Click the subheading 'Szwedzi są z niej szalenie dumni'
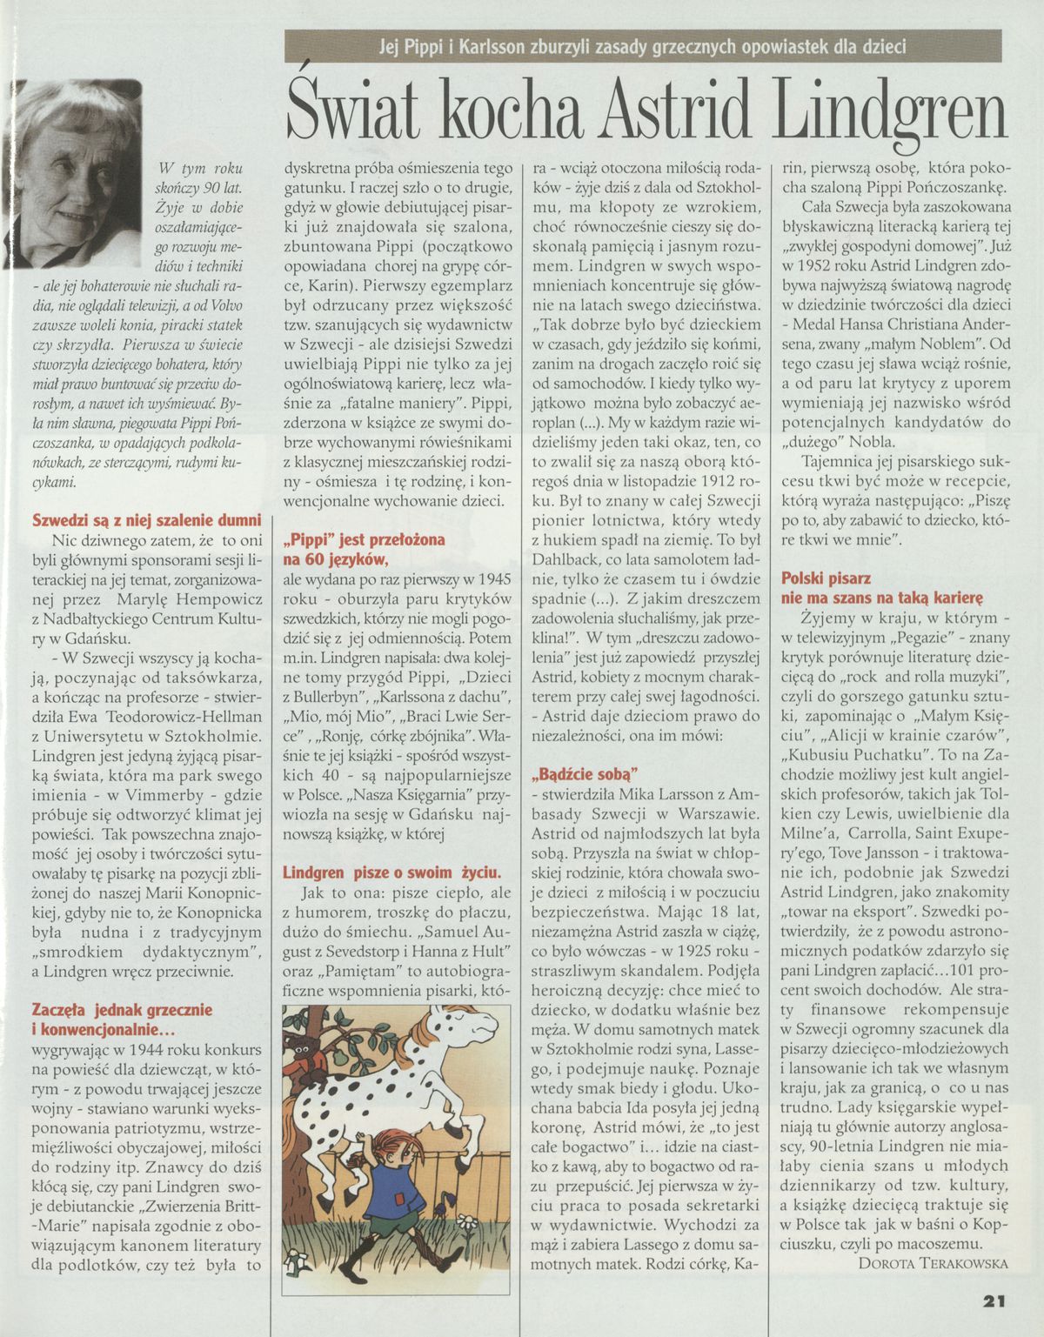pos(146,520)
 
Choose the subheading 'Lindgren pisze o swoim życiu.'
pos(391,872)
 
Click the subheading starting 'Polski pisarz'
pos(826,578)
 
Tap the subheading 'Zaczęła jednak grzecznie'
pos(122,1011)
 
